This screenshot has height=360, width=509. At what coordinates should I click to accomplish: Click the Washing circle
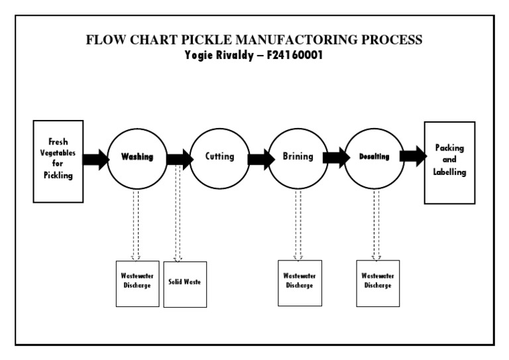click(x=137, y=157)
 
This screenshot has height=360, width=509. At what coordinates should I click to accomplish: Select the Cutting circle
click(x=219, y=157)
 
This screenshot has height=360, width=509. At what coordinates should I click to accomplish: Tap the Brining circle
click(x=298, y=157)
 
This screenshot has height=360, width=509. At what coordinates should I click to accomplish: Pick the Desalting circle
click(x=374, y=157)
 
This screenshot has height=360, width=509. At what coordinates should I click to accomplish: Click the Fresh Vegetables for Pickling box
click(x=58, y=161)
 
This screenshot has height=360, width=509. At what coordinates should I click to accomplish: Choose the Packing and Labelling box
click(x=449, y=162)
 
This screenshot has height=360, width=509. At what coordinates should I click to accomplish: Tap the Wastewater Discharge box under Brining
click(x=300, y=282)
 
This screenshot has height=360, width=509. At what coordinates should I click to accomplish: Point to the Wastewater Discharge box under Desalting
click(x=378, y=282)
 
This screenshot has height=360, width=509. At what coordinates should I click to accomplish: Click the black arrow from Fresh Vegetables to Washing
click(x=95, y=159)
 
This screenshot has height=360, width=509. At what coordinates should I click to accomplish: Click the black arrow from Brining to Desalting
click(x=336, y=158)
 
